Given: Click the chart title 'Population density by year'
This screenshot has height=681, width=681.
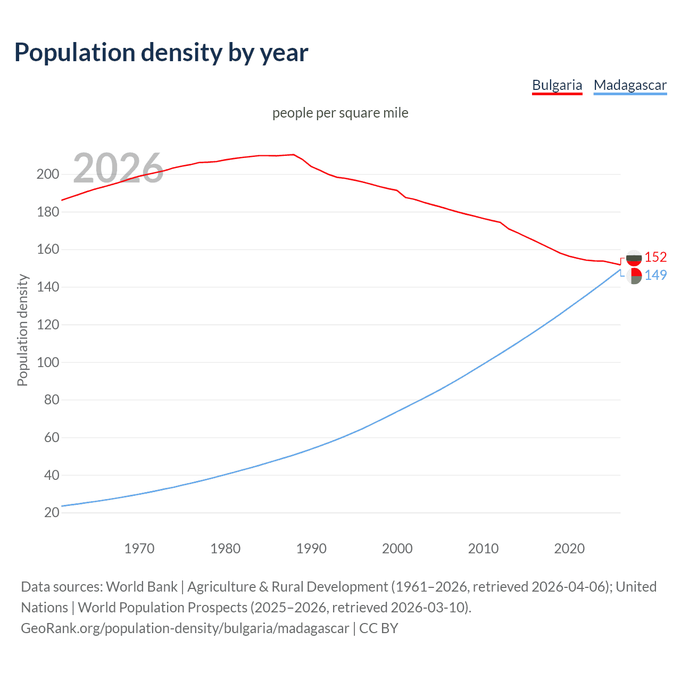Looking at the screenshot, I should [161, 53].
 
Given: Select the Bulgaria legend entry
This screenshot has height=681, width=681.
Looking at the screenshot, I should [557, 85].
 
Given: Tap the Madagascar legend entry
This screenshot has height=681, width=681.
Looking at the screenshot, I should [630, 85].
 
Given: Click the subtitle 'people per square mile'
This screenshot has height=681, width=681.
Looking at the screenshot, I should [340, 113].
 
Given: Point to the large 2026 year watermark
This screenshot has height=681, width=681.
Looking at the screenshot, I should [118, 168].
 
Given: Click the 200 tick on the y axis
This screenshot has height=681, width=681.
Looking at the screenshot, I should [47, 175].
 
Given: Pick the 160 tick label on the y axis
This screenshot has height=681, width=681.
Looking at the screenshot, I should [47, 250].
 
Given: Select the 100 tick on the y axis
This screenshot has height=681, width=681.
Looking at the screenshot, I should [47, 362].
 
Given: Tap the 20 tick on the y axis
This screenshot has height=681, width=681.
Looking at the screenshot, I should [51, 513].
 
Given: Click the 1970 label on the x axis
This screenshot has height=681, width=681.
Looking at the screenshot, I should [139, 549].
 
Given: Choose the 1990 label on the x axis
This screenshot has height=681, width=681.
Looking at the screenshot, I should [311, 549].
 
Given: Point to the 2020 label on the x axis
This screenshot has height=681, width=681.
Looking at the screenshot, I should [569, 549].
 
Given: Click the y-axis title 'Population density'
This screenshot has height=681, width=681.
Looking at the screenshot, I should [22, 330].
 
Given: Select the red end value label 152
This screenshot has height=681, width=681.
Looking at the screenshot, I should [655, 258].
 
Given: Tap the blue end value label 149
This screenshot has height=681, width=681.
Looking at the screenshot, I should [655, 275].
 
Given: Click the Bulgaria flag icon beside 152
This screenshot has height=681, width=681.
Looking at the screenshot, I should [634, 258].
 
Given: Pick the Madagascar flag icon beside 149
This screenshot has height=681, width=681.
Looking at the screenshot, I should [634, 276].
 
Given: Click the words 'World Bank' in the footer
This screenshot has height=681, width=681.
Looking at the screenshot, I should [142, 587].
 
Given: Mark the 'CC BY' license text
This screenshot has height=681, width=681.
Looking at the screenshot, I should [378, 628].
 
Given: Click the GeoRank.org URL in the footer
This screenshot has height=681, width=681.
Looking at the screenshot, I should [185, 628].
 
